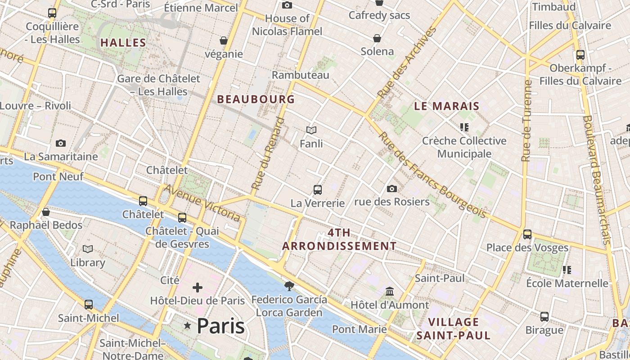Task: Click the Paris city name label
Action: point(220,326)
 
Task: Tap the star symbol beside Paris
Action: point(187,325)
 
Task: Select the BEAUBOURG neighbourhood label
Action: point(256,99)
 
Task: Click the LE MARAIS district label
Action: point(446,107)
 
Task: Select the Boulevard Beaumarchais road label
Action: point(597,180)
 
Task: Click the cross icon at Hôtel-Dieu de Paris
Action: point(197,287)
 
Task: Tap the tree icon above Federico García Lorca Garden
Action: point(289,285)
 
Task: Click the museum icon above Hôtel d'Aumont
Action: point(390,292)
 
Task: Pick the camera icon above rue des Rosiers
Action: point(392,189)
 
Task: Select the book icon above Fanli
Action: point(311,130)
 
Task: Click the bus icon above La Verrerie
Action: point(318,189)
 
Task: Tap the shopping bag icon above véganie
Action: point(224,40)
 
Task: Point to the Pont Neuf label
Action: point(58,176)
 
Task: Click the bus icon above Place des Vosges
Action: point(527,234)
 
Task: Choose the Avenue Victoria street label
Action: point(202,203)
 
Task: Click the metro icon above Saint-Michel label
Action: point(89,305)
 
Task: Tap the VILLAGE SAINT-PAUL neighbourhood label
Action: point(453,328)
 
